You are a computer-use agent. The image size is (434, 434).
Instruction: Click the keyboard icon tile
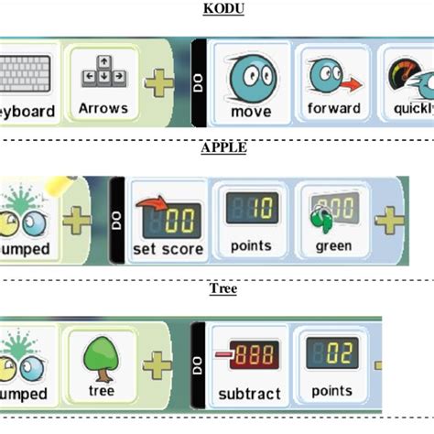click(27, 87)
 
